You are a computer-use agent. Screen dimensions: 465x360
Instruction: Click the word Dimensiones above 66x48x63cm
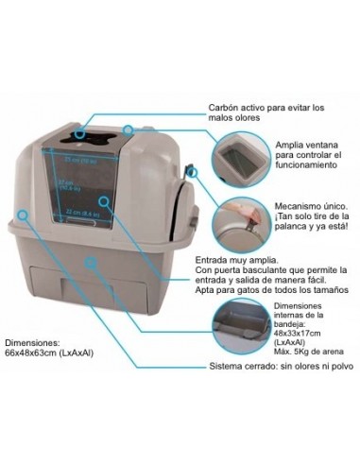(34, 342)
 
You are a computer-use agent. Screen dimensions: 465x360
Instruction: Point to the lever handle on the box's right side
(190, 172)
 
